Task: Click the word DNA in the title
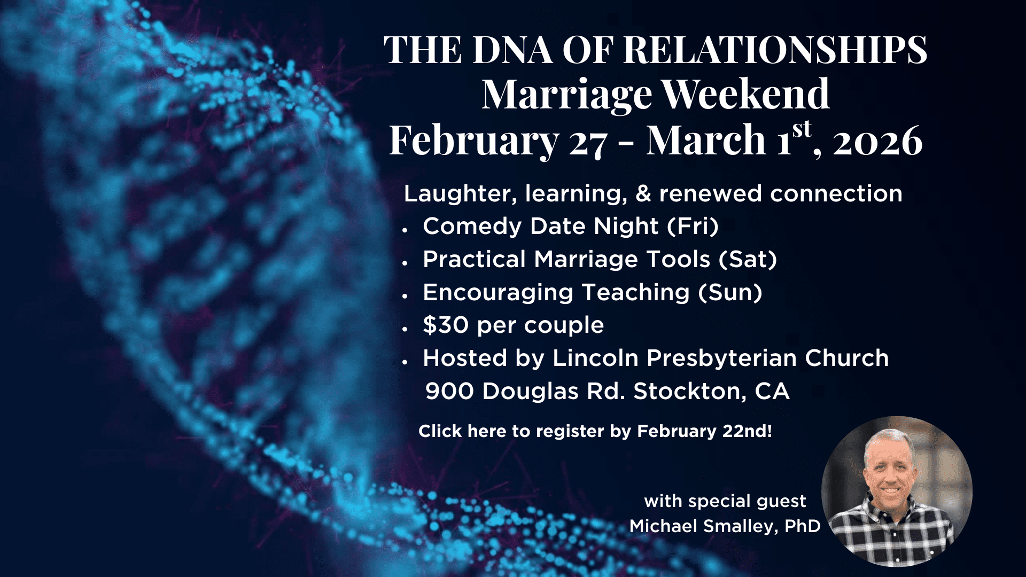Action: [x=512, y=50]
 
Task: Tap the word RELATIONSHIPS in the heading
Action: [x=775, y=50]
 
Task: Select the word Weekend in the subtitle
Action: [x=746, y=94]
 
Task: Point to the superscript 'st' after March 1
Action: [x=802, y=130]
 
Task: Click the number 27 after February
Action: [x=588, y=142]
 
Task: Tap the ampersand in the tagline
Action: [x=643, y=193]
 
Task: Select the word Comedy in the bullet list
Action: [x=472, y=227]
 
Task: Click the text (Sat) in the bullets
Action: [x=748, y=259]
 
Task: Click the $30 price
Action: [x=445, y=325]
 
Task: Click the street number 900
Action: [x=449, y=391]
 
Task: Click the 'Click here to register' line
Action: [x=595, y=431]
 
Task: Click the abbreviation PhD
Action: [x=802, y=526]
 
